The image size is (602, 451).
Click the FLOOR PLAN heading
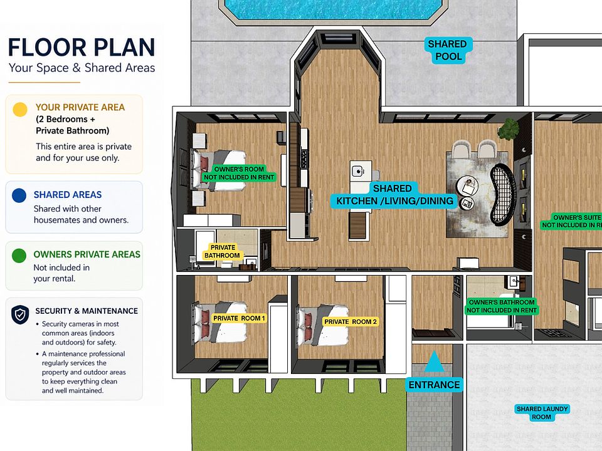click(x=82, y=47)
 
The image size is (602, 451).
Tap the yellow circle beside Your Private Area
click(x=20, y=109)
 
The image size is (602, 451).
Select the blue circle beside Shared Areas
click(x=19, y=195)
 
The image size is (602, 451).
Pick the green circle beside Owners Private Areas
click(x=19, y=256)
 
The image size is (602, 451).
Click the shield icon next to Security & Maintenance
click(x=20, y=315)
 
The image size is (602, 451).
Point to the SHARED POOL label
click(x=448, y=50)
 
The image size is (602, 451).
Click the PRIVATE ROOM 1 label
click(x=239, y=318)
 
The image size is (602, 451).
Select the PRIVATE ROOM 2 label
click(x=351, y=322)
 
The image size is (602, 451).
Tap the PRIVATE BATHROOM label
click(x=222, y=252)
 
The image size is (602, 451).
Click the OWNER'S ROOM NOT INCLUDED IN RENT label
click(x=239, y=174)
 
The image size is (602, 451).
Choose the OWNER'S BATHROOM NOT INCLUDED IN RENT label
click(x=502, y=306)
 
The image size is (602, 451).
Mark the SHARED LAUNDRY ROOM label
click(x=542, y=413)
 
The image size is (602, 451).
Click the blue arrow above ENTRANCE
click(x=434, y=361)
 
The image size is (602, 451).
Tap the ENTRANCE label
click(x=434, y=385)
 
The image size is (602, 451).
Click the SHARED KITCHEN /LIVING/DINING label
click(x=394, y=195)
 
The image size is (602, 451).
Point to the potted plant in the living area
click(x=509, y=128)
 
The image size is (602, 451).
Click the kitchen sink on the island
click(x=359, y=170)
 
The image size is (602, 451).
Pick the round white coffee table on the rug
click(x=467, y=187)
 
